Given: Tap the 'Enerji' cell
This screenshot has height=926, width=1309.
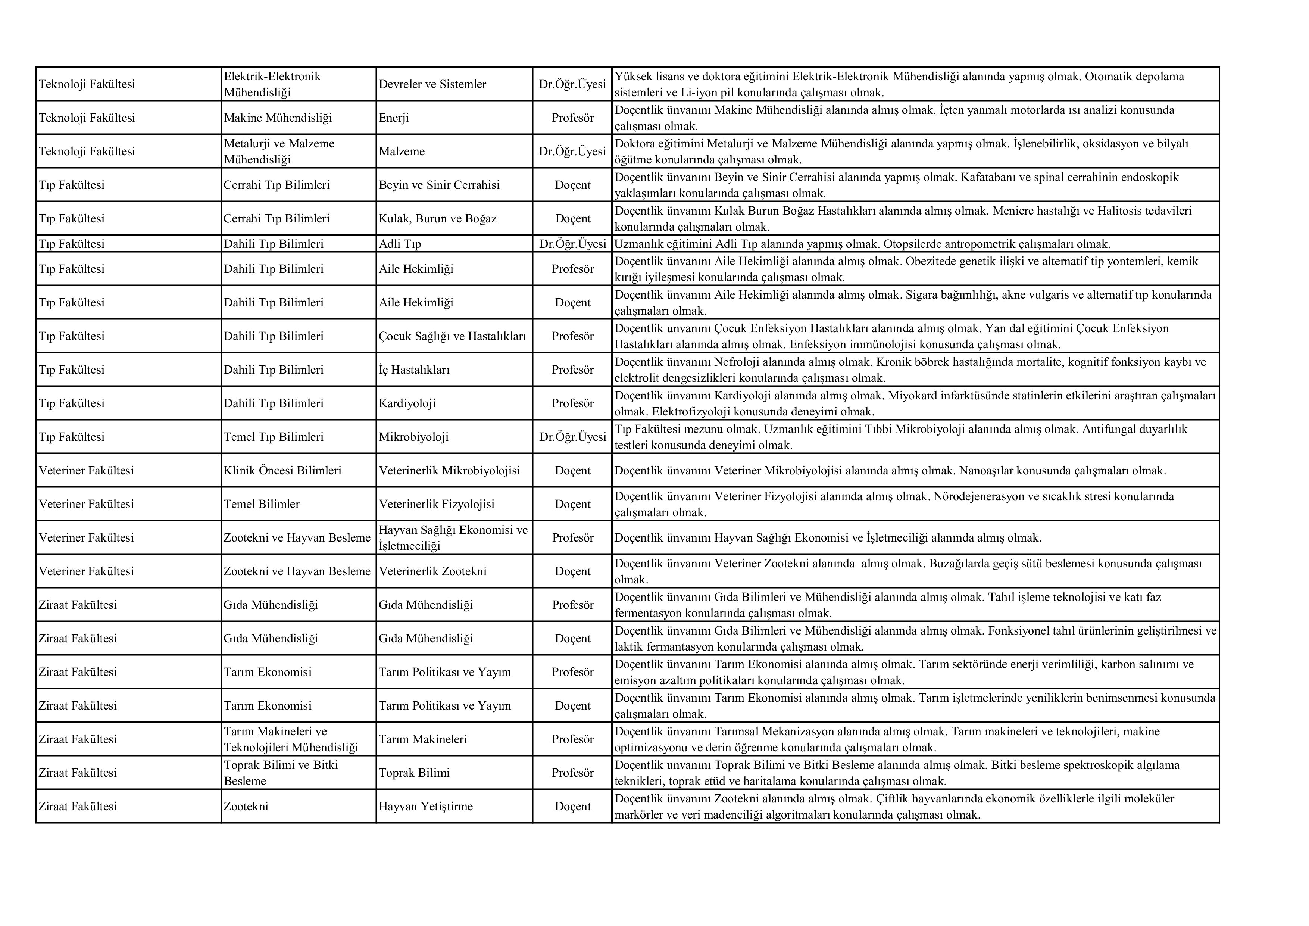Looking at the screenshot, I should (394, 118).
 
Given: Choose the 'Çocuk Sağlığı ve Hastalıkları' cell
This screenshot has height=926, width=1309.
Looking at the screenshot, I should (452, 336).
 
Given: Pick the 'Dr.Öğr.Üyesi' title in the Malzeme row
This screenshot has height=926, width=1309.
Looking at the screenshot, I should (572, 152).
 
